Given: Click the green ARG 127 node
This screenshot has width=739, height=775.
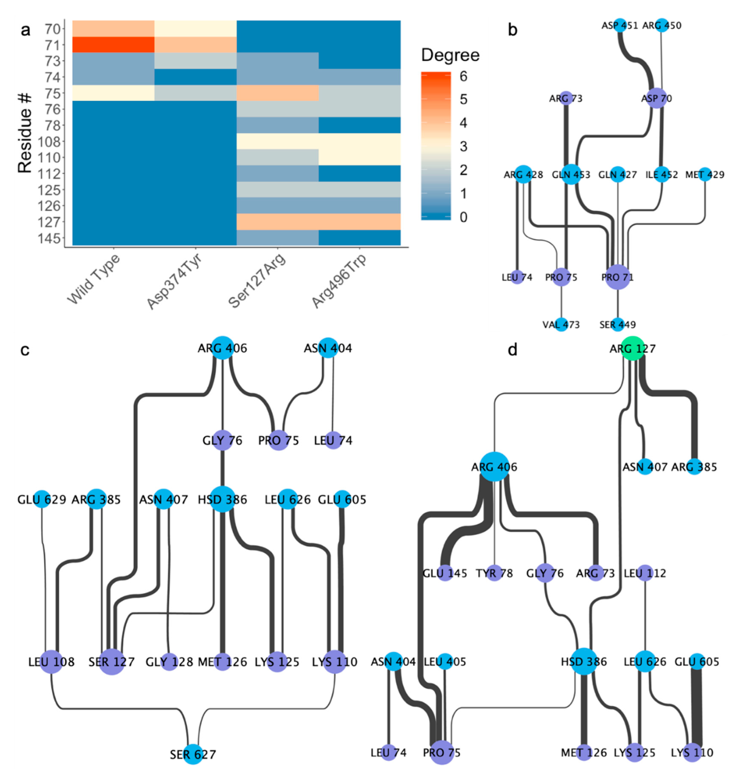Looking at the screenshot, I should click(633, 348).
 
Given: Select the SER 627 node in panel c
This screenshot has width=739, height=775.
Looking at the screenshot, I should click(193, 754).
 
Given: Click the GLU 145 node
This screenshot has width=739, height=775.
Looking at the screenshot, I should click(444, 573).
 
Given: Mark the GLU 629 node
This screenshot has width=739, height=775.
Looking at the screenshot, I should click(42, 499).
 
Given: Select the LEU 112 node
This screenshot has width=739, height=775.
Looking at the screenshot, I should click(645, 573).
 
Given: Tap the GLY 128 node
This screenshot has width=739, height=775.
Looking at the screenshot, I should click(169, 662).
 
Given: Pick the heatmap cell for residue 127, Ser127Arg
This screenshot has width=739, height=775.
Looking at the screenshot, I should click(277, 222).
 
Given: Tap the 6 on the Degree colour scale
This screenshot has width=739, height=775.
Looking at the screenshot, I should click(464, 76).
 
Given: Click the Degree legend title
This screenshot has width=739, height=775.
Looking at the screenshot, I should click(450, 55).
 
